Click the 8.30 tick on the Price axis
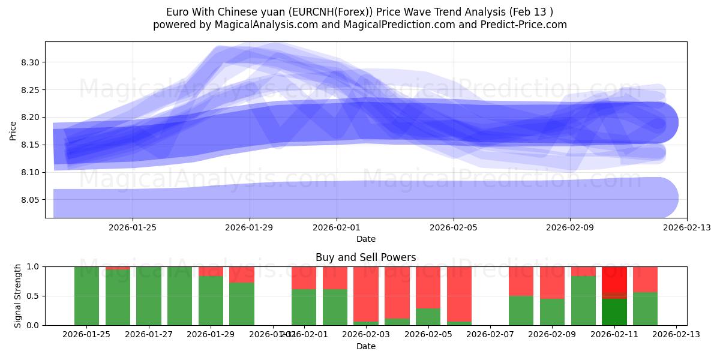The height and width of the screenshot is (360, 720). (x=30, y=62)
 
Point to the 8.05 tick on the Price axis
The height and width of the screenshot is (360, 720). (x=30, y=200)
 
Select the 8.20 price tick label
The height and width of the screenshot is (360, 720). (x=30, y=118)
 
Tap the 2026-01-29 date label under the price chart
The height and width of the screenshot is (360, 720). (x=250, y=227)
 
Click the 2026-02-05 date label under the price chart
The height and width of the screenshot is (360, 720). (x=453, y=227)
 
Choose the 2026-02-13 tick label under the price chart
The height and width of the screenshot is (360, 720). (x=686, y=227)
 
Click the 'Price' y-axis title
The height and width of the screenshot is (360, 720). (x=13, y=130)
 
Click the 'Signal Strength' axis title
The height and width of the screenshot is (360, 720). (x=18, y=296)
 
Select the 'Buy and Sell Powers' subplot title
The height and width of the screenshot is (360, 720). (x=365, y=257)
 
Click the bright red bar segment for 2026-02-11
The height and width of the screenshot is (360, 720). (x=614, y=279)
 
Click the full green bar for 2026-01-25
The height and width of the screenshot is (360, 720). (x=86, y=296)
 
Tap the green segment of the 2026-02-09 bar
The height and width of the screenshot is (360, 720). (x=552, y=312)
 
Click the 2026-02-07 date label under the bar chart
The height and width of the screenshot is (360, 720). (x=490, y=335)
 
